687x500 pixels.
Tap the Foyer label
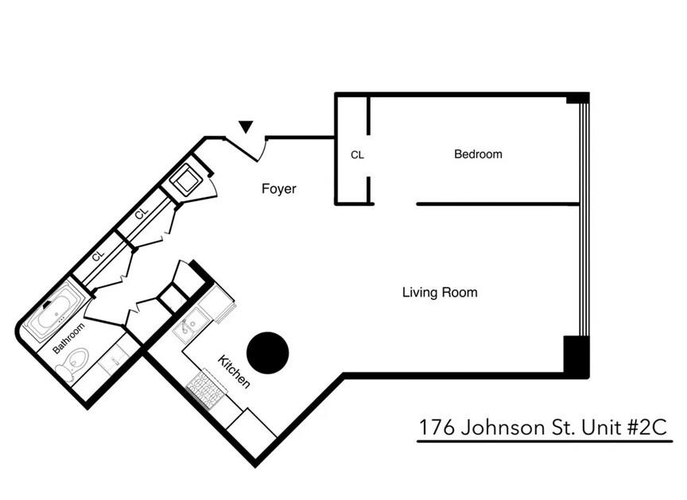click(278, 189)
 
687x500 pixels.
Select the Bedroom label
click(478, 154)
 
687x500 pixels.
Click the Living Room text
click(440, 293)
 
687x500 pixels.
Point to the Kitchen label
click(235, 372)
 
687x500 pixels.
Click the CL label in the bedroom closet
click(357, 156)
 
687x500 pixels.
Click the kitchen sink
click(188, 326)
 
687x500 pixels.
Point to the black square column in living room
click(576, 356)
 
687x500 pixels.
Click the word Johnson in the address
click(506, 428)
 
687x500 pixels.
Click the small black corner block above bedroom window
click(577, 99)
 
